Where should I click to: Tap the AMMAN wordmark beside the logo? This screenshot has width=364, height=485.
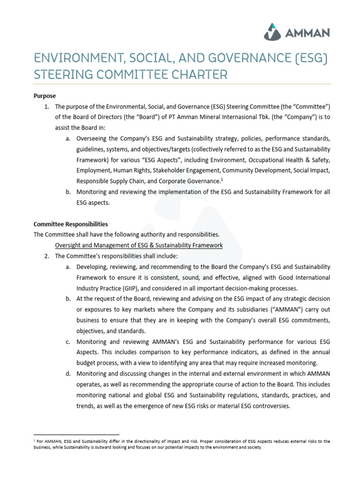coord(307,33)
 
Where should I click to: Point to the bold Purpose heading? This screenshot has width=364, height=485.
coord(45,96)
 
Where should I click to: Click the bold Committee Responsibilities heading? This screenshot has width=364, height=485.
coord(71,224)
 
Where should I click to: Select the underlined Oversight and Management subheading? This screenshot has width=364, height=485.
coord(139,245)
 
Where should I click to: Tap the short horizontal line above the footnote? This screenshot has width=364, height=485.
coord(76,434)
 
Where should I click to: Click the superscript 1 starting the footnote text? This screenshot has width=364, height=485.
coord(35,440)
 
